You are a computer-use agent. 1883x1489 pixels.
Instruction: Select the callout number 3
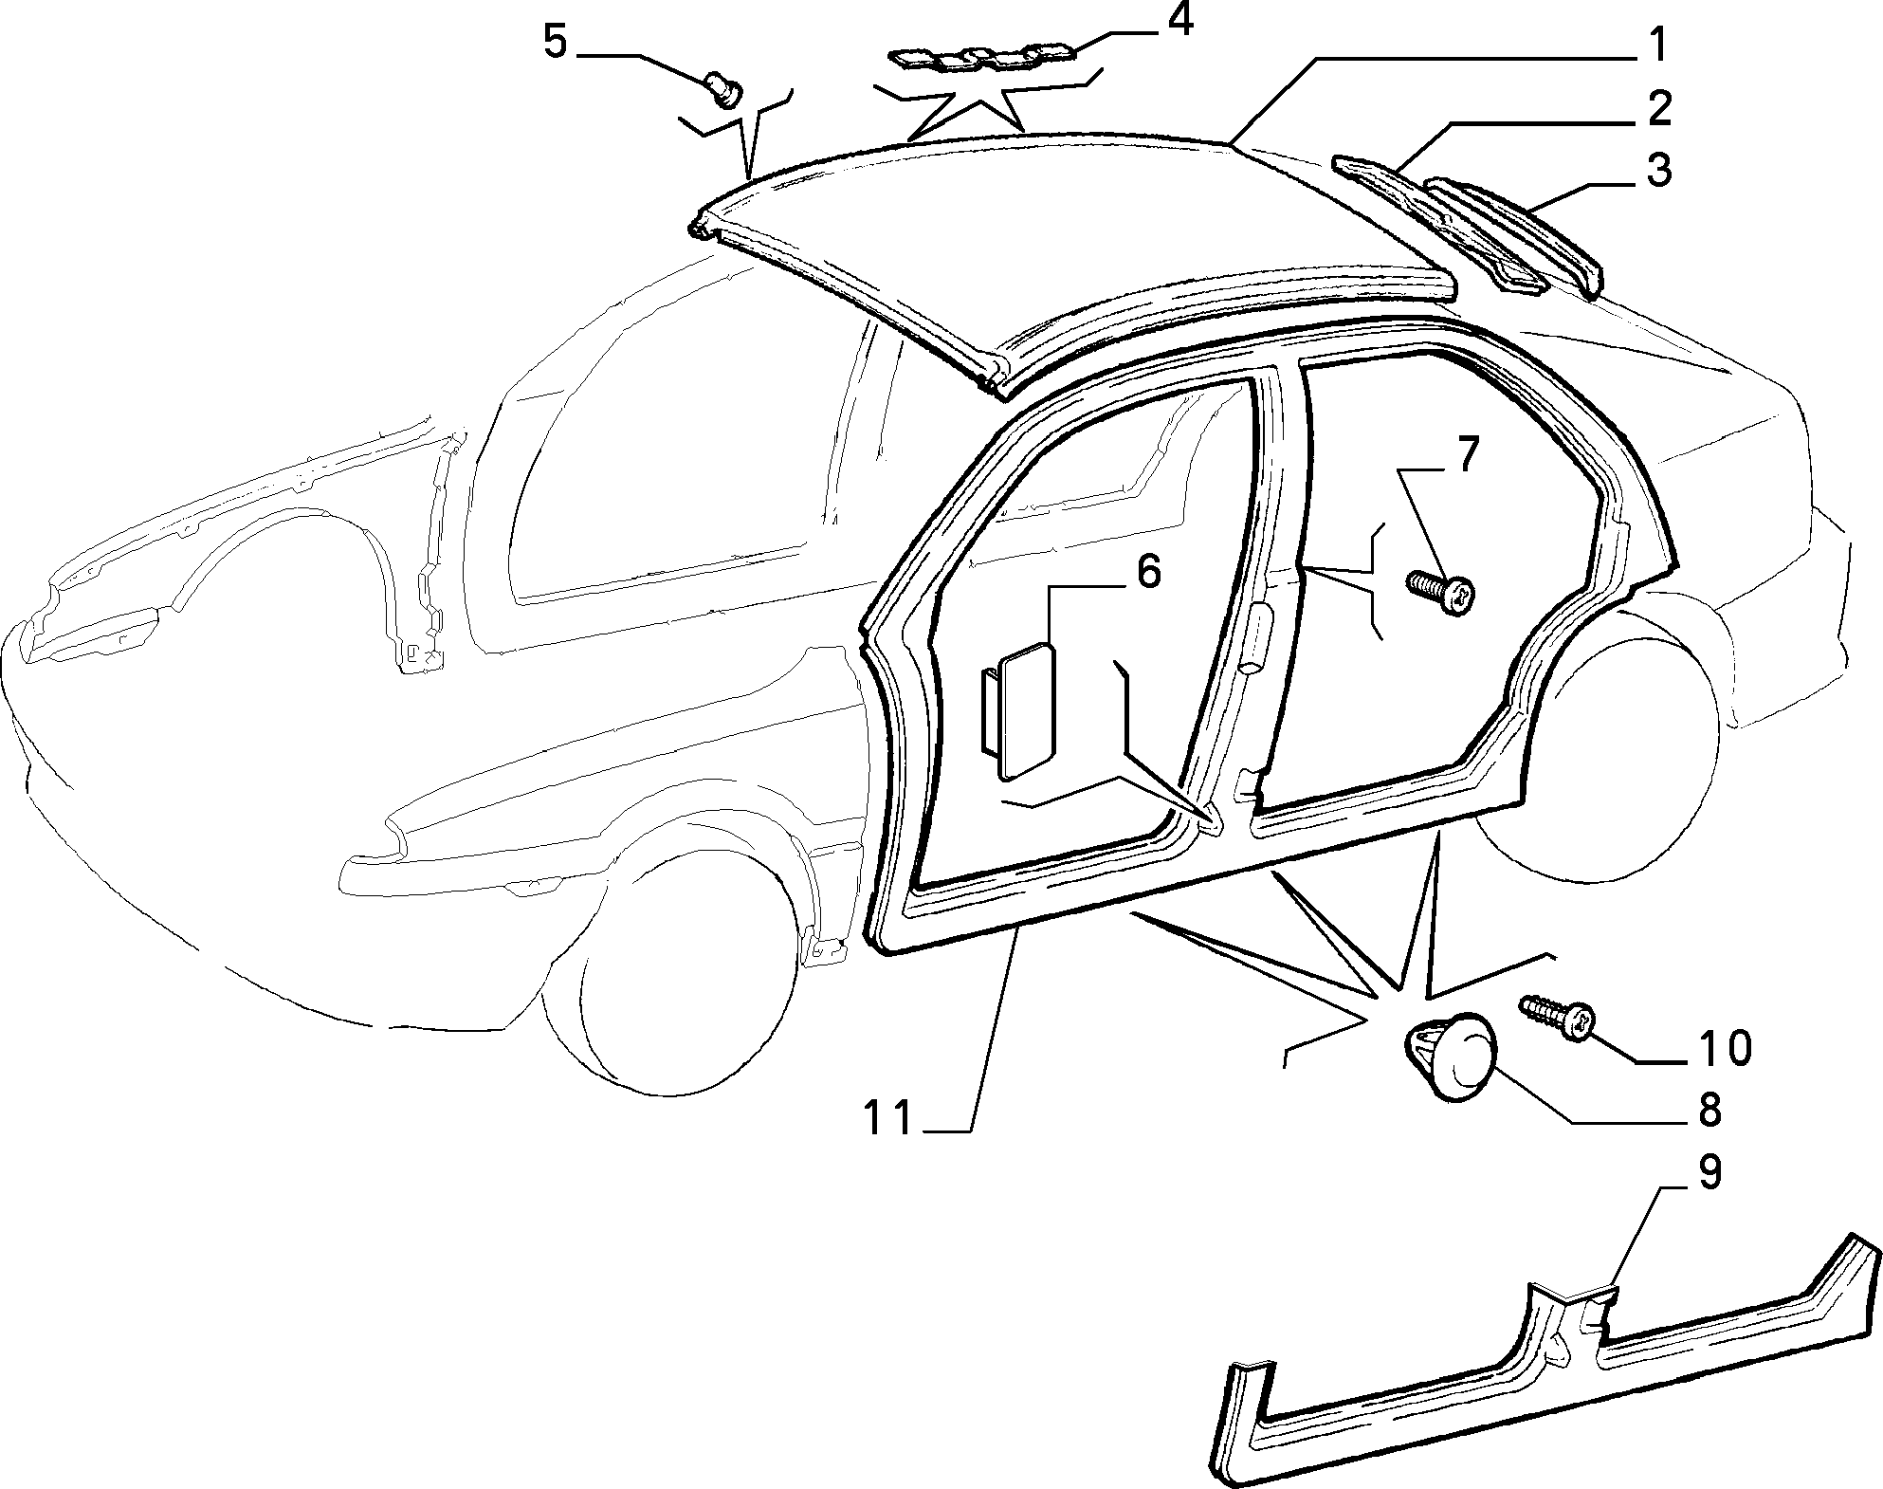[x=1658, y=171]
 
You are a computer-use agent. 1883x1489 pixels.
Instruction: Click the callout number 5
[x=557, y=43]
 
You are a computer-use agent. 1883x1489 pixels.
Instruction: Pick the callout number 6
[x=1147, y=573]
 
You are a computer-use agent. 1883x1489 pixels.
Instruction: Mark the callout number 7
[x=1466, y=455]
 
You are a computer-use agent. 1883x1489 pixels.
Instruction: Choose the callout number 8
[x=1708, y=1110]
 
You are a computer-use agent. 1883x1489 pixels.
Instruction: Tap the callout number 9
[x=1708, y=1173]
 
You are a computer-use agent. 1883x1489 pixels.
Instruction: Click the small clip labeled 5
[x=724, y=92]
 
